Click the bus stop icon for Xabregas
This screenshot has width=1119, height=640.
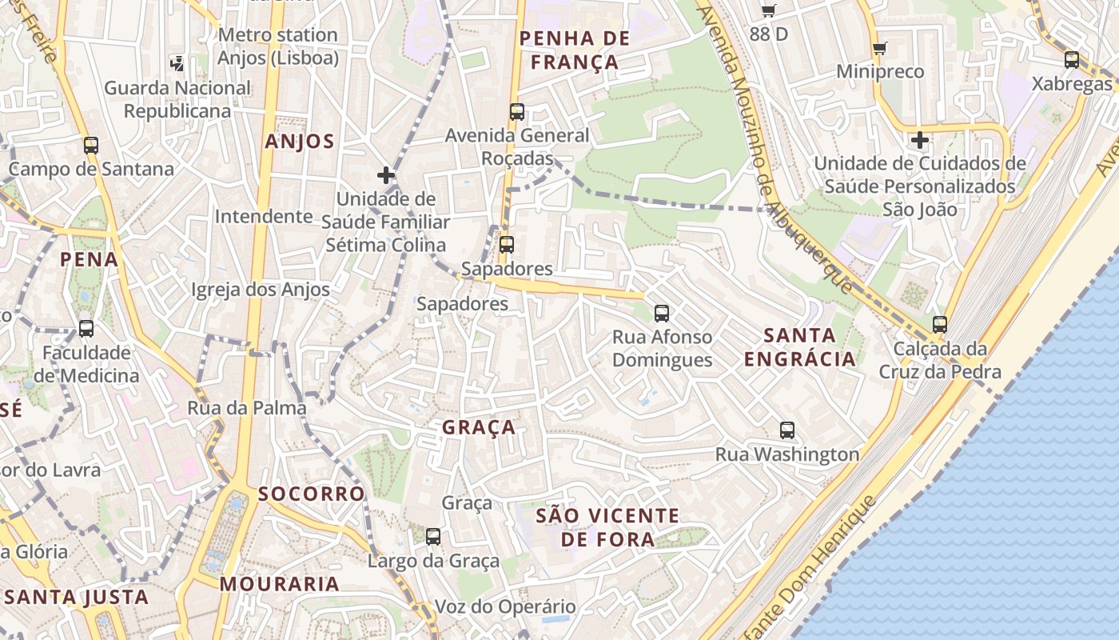click(x=1072, y=59)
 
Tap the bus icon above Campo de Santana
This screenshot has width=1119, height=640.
click(x=91, y=145)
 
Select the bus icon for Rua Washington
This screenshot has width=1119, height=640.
click(x=787, y=430)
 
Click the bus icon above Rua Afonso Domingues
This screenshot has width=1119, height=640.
click(x=662, y=313)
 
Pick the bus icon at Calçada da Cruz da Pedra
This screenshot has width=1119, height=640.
click(x=940, y=324)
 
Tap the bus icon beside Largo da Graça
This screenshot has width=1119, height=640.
click(x=433, y=536)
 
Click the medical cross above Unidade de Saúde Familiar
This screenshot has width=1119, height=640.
click(x=386, y=174)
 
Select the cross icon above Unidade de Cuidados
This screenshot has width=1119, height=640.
click(x=920, y=140)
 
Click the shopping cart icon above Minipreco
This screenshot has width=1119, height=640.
click(x=880, y=48)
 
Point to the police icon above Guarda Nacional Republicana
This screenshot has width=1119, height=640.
click(x=177, y=63)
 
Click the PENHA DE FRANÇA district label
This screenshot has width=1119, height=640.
click(x=575, y=50)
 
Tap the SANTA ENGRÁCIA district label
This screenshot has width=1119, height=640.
click(x=799, y=346)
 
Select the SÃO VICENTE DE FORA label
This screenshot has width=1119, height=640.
click(x=607, y=527)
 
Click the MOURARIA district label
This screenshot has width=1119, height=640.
click(x=280, y=584)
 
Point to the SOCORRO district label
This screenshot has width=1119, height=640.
click(x=311, y=494)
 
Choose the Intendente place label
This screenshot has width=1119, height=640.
click(x=264, y=216)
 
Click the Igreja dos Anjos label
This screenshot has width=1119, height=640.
click(x=261, y=290)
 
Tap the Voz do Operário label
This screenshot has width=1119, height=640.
click(x=504, y=606)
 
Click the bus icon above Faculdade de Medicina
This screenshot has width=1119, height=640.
click(x=86, y=328)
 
